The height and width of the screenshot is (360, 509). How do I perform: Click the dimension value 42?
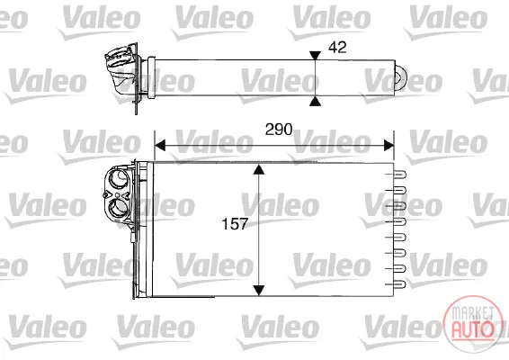[337, 48]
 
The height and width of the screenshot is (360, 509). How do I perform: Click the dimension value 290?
[279, 130]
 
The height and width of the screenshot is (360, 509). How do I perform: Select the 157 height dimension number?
[235, 224]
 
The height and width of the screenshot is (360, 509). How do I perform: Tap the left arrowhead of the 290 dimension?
[160, 146]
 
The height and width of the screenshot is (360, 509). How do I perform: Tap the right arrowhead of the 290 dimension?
[388, 146]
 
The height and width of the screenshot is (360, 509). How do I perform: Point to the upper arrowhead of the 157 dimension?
[258, 169]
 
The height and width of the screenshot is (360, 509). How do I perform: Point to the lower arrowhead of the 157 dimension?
[258, 290]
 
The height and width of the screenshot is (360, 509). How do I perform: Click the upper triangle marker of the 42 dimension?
[315, 55]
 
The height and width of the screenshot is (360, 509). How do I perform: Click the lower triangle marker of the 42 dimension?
[315, 102]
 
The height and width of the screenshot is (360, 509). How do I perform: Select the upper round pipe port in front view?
[117, 178]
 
